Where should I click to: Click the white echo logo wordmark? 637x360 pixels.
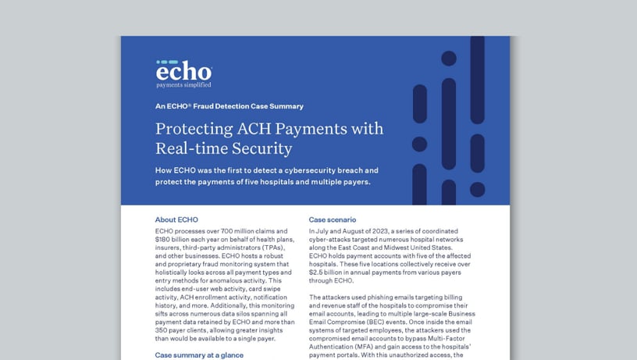tap(183, 71)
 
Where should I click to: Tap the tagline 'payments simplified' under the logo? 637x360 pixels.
tap(183, 85)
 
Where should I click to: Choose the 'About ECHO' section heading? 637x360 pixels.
tap(177, 219)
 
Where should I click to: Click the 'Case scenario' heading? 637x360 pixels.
tap(333, 219)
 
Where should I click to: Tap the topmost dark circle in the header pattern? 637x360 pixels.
tap(449, 58)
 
